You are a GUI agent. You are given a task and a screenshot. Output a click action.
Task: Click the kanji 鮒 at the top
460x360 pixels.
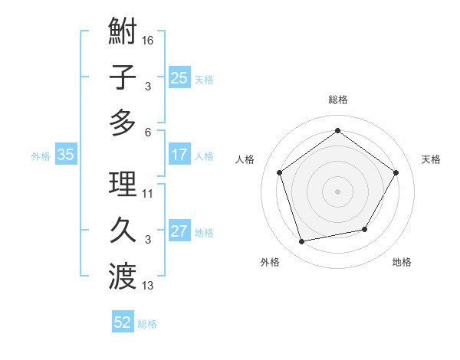[x=123, y=32]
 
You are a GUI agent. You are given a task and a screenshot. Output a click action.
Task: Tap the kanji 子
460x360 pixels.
[x=123, y=77]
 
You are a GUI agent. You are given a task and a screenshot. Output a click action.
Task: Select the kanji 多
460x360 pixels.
[x=123, y=123]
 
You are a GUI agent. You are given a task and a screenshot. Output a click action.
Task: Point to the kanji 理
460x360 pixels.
[x=123, y=185]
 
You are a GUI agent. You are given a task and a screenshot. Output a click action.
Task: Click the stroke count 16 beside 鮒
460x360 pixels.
[x=148, y=40]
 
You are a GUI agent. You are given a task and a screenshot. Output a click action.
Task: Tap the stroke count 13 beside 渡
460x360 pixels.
[x=148, y=286]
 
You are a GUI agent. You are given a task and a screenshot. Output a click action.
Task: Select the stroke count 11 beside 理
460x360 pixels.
[x=148, y=194]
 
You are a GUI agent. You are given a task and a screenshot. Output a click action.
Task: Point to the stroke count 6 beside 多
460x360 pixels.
[x=148, y=131]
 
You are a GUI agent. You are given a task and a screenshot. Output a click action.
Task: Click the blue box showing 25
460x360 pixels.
[x=179, y=77]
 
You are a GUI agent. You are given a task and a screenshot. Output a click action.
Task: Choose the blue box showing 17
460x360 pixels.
[x=179, y=155]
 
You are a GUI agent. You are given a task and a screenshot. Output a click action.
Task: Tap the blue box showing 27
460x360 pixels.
[x=179, y=232]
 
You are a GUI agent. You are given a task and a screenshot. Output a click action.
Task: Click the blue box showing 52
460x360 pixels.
[x=123, y=322]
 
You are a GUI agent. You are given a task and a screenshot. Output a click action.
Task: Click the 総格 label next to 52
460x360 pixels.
[x=147, y=324]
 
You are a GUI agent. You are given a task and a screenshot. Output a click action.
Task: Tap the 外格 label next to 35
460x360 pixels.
[x=41, y=156]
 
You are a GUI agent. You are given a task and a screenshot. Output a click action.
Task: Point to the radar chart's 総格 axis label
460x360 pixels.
[x=337, y=100]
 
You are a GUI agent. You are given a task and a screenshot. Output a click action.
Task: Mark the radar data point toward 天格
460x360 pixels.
[x=396, y=172]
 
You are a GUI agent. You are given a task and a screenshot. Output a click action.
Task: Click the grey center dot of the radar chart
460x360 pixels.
[x=337, y=191]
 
